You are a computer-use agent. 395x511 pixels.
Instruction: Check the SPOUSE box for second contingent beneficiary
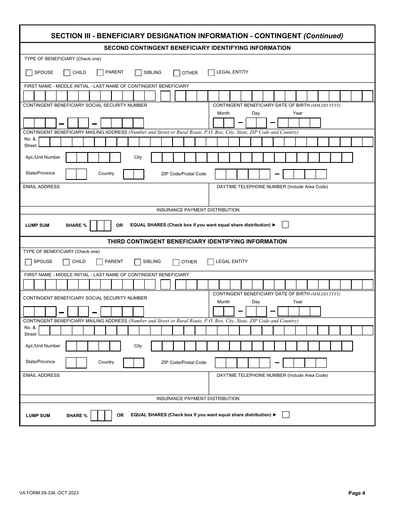pos(29,73)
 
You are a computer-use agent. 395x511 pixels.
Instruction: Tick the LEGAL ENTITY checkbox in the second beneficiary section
pos(211,72)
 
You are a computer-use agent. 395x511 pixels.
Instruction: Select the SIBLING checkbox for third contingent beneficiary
pos(138,262)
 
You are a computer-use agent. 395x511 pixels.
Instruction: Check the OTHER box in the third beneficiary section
pos(176,262)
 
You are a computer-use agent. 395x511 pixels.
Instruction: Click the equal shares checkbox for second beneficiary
pos(285,225)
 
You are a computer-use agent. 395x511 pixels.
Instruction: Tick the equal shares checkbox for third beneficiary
pos(286,414)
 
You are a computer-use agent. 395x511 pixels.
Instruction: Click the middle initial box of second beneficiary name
pos(165,96)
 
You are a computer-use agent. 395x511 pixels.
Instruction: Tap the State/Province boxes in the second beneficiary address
pos(76,174)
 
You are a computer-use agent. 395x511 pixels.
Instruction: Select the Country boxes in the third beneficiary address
pos(133,363)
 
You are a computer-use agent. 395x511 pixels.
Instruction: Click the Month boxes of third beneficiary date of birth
pos(224,311)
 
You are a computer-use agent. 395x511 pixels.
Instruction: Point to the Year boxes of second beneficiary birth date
pos(299,123)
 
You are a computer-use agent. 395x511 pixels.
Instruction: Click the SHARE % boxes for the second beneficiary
pos(101,226)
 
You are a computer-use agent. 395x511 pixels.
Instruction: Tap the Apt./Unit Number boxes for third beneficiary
pos(93,346)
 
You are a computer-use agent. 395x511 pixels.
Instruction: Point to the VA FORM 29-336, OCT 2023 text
pos(49,493)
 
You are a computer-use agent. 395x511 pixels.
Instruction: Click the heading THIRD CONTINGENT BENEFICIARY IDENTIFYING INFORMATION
pos(197,241)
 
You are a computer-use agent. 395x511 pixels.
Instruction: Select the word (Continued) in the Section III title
pos(323,36)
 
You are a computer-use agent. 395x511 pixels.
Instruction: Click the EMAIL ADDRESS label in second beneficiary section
pos(42,187)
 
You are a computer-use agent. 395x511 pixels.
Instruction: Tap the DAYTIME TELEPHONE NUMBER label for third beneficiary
pos(272,375)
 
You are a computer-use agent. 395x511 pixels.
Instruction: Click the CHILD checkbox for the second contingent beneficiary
pos(67,73)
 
